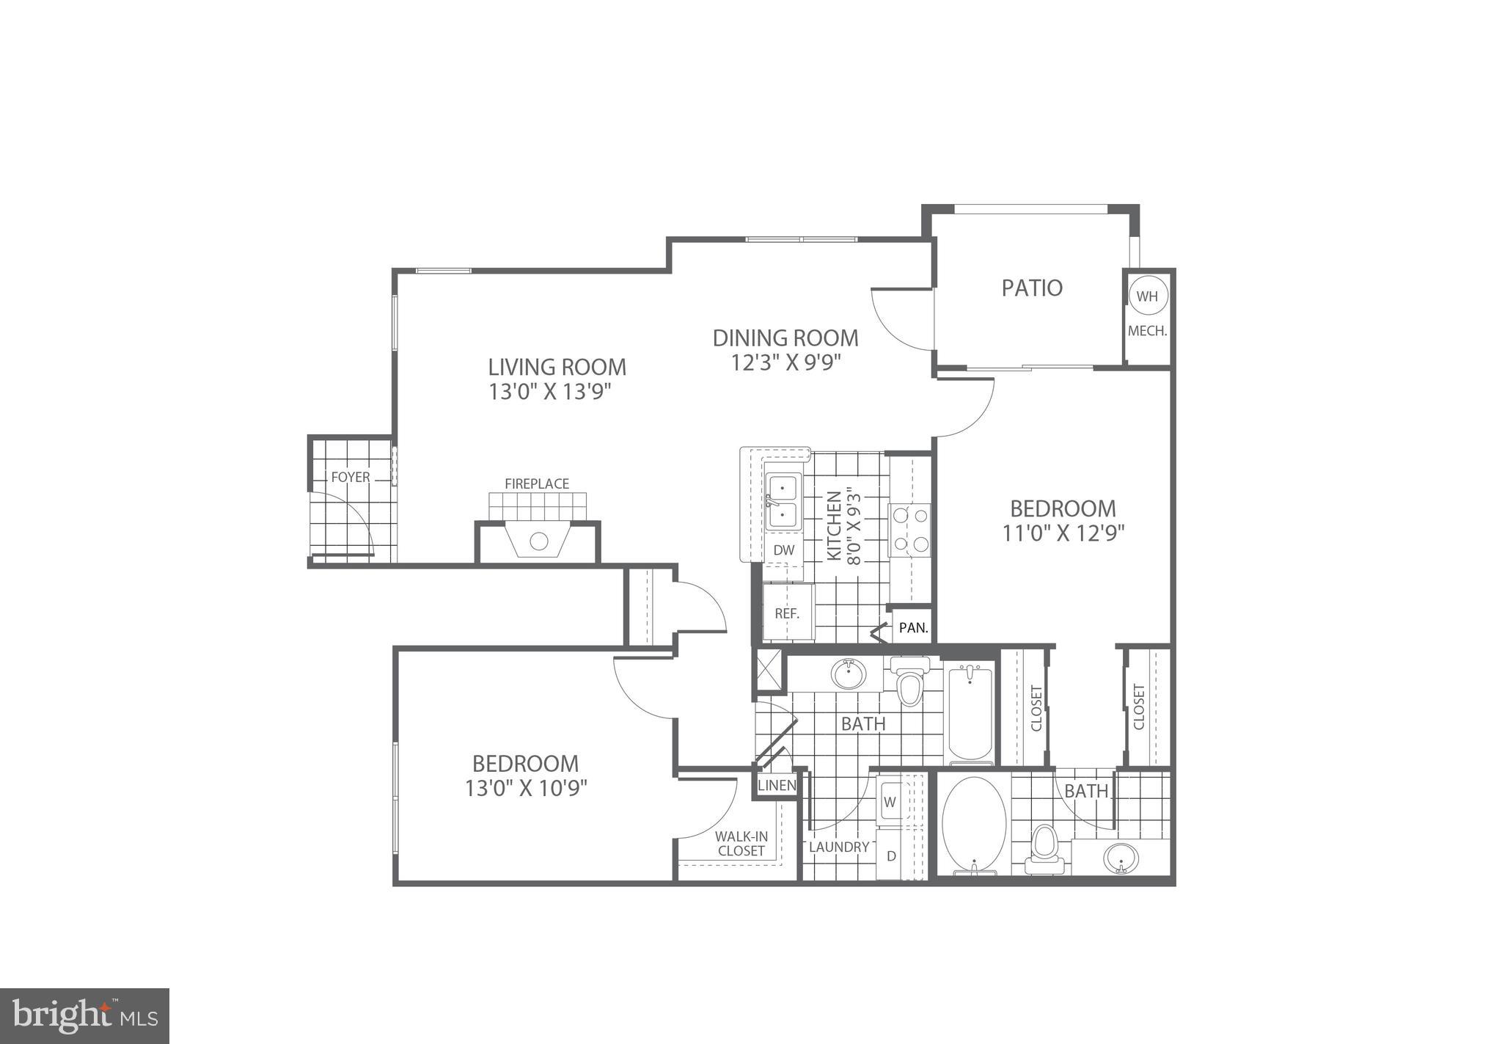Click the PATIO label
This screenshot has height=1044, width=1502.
click(1032, 288)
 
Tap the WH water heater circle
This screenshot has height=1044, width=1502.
click(1147, 296)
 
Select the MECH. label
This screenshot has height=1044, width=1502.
click(1147, 331)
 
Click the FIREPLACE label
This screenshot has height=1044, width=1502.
click(537, 483)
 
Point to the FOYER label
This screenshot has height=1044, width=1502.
click(351, 477)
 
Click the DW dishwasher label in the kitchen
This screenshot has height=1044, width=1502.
click(783, 550)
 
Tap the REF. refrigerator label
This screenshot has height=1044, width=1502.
click(787, 613)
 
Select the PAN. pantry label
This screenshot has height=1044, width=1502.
click(914, 627)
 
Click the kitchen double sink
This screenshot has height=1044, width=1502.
click(783, 501)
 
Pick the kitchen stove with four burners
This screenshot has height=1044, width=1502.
click(910, 529)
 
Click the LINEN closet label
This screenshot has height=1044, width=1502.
click(777, 785)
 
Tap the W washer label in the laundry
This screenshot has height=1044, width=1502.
click(890, 802)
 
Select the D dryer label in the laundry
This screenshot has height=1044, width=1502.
click(892, 855)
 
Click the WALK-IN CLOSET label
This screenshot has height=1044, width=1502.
click(741, 844)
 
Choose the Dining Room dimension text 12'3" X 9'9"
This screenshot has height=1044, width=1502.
click(785, 362)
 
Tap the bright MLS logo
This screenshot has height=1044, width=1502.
click(85, 1015)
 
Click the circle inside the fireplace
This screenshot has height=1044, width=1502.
click(539, 541)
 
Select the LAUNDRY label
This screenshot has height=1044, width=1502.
click(839, 847)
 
